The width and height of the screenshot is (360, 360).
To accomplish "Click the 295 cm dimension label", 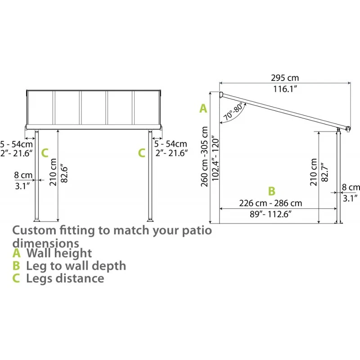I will tap(285, 78).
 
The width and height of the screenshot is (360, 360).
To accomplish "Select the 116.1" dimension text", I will tap(285, 89).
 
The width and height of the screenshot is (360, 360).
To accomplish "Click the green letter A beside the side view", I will tap(203, 108).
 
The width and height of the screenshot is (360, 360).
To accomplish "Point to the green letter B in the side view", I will tap(271, 191).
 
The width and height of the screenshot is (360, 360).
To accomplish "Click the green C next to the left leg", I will tap(45, 153).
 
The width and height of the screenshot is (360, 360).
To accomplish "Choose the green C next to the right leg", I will tap(141, 153).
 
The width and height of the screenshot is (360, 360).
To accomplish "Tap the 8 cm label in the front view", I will tap(23, 174).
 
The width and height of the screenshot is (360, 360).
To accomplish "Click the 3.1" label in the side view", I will tap(350, 197).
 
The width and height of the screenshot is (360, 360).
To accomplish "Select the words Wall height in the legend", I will tap(59, 253).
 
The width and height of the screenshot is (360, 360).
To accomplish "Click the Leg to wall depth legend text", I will tap(76, 266).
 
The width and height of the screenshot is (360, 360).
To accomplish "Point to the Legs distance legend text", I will tap(65, 278).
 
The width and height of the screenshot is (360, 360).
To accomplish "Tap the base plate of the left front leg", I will tap(37, 220).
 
